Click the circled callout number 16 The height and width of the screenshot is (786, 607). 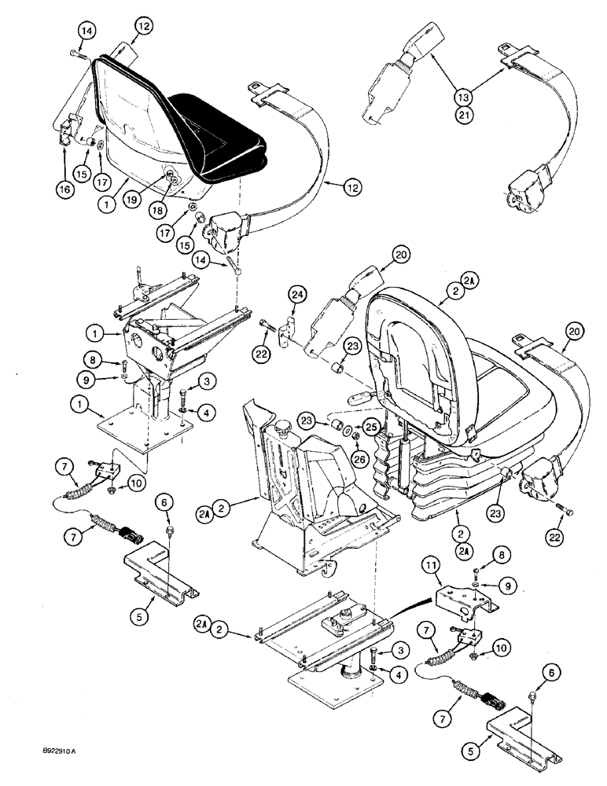point(64,166)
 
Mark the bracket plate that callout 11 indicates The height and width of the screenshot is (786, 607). point(463,604)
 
